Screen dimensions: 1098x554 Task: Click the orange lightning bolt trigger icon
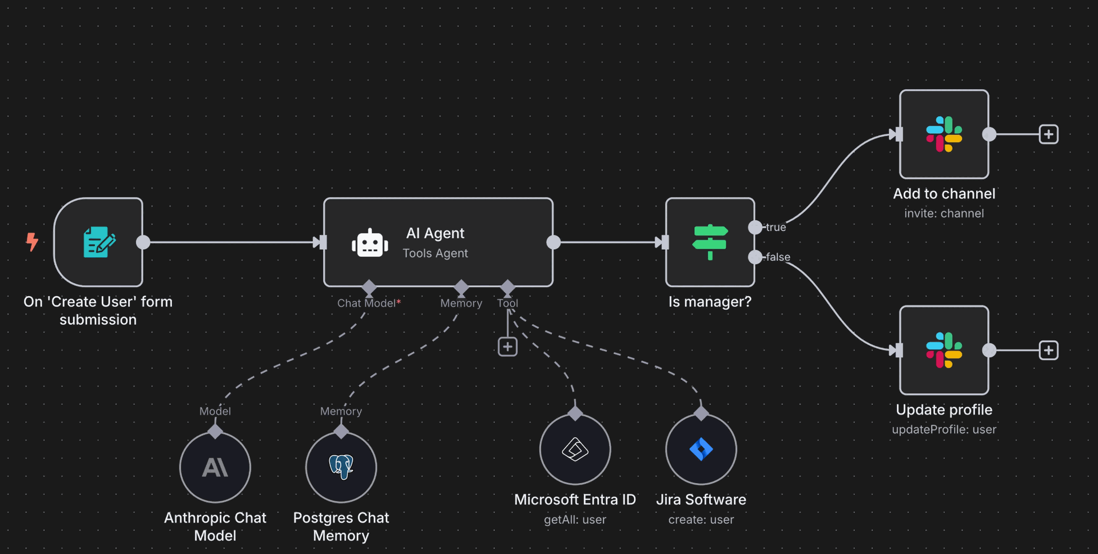coord(32,242)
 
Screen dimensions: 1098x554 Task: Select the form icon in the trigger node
coord(100,242)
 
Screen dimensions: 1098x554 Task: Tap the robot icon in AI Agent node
coord(370,243)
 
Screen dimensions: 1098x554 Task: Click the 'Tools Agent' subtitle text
coord(435,253)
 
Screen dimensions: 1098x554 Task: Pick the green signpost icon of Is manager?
coord(710,242)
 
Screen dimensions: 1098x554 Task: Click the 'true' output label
coord(776,227)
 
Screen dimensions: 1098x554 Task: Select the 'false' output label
coord(778,257)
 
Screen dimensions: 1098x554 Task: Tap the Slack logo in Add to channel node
coord(944,134)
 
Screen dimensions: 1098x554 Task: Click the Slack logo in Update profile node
coord(944,350)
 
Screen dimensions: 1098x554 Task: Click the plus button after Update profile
coord(1049,350)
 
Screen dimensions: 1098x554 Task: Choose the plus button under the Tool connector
coord(508,346)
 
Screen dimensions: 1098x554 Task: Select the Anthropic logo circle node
coord(215,468)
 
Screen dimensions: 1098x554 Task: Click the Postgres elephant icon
coord(341,467)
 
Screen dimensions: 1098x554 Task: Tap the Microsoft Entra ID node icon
coord(575,449)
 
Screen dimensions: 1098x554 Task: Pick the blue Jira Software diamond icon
coord(701,449)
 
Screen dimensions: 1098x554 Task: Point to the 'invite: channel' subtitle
coord(944,213)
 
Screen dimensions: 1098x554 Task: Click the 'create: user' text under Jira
coord(701,520)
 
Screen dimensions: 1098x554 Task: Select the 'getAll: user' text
coord(575,520)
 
